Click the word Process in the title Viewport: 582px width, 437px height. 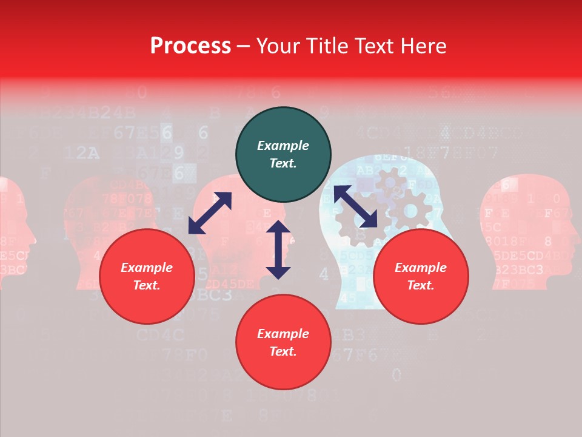coord(190,46)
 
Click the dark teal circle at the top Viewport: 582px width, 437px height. coord(283,154)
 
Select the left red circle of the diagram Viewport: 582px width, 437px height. coord(147,276)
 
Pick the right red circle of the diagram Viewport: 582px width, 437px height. coord(421,276)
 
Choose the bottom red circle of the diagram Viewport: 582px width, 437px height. coord(283,342)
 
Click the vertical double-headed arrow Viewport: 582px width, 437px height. coord(278,249)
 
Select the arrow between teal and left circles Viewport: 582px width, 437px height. coord(210,213)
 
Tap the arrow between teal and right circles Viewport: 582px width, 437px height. coord(356,206)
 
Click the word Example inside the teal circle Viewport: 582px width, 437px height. coord(283,146)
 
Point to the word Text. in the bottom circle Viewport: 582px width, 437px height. coord(283,351)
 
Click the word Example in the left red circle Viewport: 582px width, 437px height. coord(147,268)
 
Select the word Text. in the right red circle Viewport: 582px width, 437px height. coord(421,285)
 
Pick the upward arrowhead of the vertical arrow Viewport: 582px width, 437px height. coord(278,228)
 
